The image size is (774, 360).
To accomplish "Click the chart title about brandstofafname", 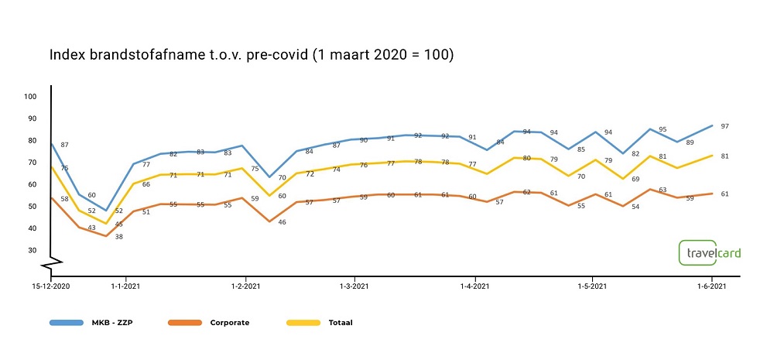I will pos(252,56).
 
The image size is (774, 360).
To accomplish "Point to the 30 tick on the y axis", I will pos(32,250).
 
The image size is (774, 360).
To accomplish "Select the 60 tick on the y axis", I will pos(32,184).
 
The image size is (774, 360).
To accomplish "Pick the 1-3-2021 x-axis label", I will pos(355,287).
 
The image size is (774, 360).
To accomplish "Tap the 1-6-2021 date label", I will pos(712,287).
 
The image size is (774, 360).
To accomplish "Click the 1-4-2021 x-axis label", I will pos(474,287).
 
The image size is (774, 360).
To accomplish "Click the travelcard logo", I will pos(708,253).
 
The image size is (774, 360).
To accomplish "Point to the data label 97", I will pos(724,126).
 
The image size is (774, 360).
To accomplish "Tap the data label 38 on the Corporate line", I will pos(119,236).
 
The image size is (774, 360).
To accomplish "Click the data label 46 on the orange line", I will pos(283,222).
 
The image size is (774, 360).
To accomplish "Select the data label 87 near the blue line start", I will pos(64,146).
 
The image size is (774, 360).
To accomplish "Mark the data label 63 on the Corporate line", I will pos(662,190).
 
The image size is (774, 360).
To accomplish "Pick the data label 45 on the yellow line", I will pos(119,225).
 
